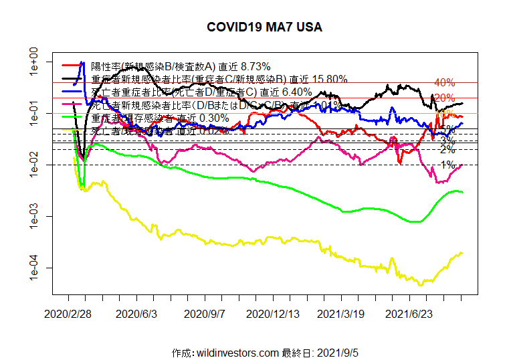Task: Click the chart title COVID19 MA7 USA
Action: (x=264, y=27)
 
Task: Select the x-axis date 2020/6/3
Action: (x=136, y=312)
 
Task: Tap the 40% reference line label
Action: (x=445, y=83)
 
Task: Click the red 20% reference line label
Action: (x=445, y=98)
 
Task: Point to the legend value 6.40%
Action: (x=295, y=92)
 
